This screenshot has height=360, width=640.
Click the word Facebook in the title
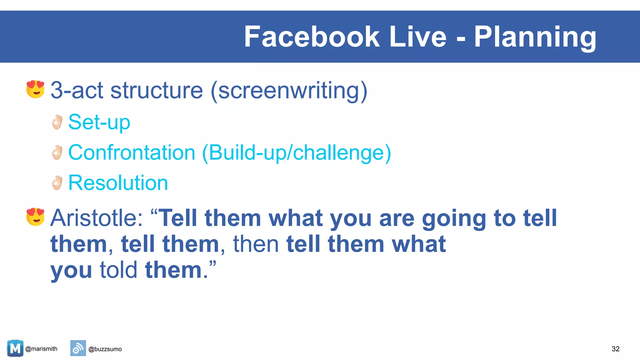(312, 37)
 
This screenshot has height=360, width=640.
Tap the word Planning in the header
(535, 37)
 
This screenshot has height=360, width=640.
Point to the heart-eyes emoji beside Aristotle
(35, 217)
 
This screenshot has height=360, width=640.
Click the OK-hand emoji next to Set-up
(57, 122)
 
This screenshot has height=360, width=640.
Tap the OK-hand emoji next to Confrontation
(57, 152)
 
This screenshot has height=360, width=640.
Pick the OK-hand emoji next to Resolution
(57, 183)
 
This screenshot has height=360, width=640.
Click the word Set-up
(99, 122)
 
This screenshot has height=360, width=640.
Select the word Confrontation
(132, 152)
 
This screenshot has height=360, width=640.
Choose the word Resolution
(118, 183)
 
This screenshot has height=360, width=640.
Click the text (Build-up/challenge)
(297, 152)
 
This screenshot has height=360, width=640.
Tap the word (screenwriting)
(289, 91)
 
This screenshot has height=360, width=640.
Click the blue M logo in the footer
(15, 348)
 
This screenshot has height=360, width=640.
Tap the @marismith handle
(41, 349)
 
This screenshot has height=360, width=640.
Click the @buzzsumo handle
(105, 349)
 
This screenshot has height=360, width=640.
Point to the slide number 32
(615, 349)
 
